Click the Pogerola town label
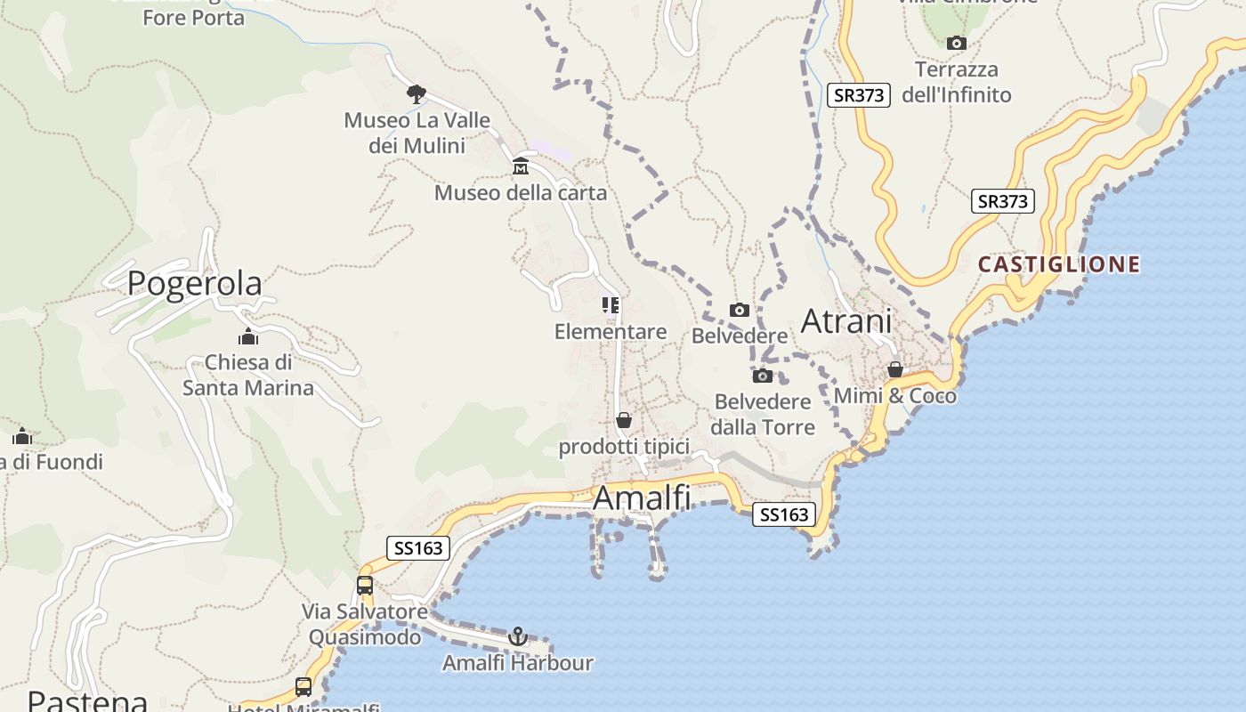[x=194, y=283]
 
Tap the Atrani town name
[x=846, y=321]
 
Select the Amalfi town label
[x=641, y=498]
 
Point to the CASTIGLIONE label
[x=1059, y=264]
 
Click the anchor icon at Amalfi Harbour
[x=518, y=636]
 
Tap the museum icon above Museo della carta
[x=521, y=166]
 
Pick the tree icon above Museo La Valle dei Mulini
[x=416, y=93]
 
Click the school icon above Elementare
[x=611, y=305]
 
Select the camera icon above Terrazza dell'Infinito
[x=957, y=43]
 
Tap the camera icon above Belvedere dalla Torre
[x=763, y=376]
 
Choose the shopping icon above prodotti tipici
[x=624, y=420]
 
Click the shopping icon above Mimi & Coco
[x=895, y=369]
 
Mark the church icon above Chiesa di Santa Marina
[x=248, y=336]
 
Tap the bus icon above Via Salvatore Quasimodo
[x=365, y=586]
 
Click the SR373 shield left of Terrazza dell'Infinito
[x=859, y=95]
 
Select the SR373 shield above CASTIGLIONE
[x=1002, y=201]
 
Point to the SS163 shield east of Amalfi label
[x=784, y=514]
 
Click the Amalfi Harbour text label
[x=518, y=663]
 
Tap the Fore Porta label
[x=193, y=18]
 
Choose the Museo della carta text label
[x=521, y=193]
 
